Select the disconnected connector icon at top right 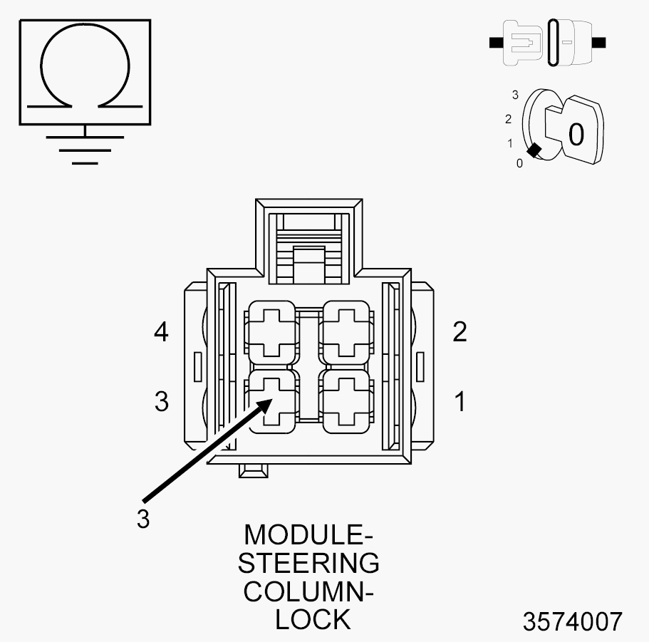pos(547,43)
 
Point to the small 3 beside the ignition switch pos(514,94)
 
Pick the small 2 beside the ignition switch pos(508,119)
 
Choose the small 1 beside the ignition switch pos(510,143)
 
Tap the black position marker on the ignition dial pos(534,150)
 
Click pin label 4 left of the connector pos(162,331)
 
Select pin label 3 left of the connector pos(162,402)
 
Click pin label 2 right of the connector pos(460,331)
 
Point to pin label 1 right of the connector pos(460,402)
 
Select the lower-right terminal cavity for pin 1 pos(347,401)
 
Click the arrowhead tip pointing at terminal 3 pos(271,400)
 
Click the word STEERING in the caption pos(308,562)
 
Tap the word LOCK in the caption pos(313,619)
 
